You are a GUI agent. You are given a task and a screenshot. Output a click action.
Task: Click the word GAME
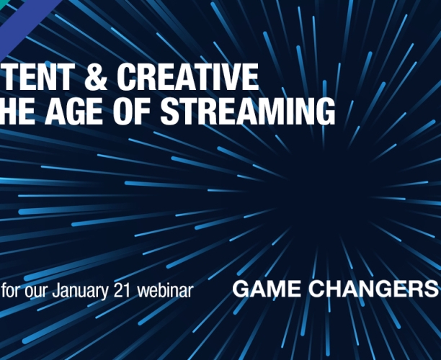(x=264, y=290)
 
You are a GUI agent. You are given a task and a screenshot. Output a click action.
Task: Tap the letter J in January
(x=56, y=291)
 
